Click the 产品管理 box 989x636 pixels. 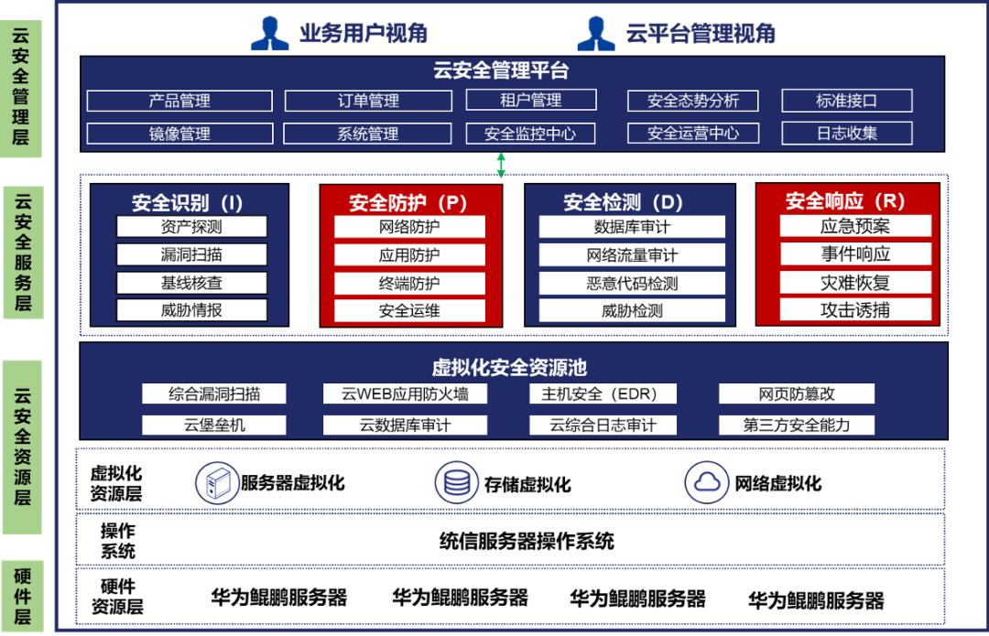[x=179, y=101]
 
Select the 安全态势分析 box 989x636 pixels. [x=692, y=101]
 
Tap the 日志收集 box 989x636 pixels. [x=846, y=134]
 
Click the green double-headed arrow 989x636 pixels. [x=501, y=166]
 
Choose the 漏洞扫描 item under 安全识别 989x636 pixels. [x=191, y=254]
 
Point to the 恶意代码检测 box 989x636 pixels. [x=632, y=283]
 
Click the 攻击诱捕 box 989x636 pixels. [x=854, y=310]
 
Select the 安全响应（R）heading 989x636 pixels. [x=845, y=201]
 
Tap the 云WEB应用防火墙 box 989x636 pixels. [x=405, y=394]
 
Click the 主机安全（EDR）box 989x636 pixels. [x=604, y=394]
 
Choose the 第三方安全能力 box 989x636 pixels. [x=796, y=425]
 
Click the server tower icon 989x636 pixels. [x=217, y=482]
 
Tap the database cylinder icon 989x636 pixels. [x=455, y=482]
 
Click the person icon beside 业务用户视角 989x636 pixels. [x=270, y=34]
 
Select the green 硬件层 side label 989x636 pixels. [x=22, y=596]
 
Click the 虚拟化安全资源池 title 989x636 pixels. [x=509, y=368]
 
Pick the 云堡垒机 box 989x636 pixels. [x=214, y=425]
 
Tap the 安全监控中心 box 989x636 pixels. [x=530, y=134]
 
